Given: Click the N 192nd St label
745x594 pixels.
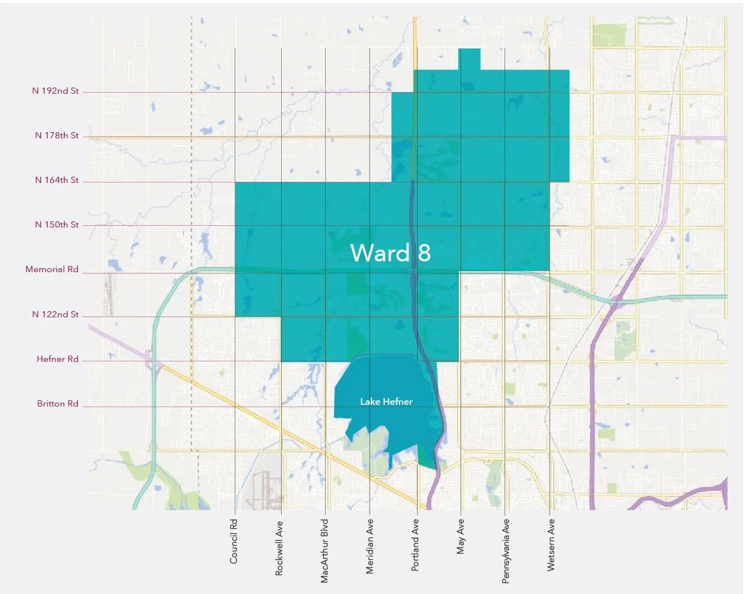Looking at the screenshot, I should tap(55, 91).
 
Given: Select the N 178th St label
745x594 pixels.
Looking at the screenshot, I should tap(56, 136).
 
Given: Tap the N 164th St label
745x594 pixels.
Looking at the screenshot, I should tap(56, 180).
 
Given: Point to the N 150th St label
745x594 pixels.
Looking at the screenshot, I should tap(56, 225).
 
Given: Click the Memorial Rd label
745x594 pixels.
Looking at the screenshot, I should tap(52, 269).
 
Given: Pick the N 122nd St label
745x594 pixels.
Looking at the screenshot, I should tap(55, 315).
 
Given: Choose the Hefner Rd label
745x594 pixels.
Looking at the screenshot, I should tap(58, 359).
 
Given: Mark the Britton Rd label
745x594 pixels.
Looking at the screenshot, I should tap(58, 404).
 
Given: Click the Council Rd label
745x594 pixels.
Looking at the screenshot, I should tap(234, 541).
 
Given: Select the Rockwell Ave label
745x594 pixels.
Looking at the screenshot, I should tap(279, 548).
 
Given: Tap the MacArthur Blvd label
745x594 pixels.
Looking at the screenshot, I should tap(325, 551).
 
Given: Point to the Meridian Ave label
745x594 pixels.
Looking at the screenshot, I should tap(370, 547).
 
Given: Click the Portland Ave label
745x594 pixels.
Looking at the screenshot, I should tap(415, 545).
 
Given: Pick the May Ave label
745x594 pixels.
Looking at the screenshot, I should tap(461, 536).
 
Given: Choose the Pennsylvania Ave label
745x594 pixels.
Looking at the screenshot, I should tap(506, 551).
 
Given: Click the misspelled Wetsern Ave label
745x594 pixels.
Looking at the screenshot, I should tap(551, 545).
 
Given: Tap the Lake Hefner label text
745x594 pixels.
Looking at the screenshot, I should tap(386, 401).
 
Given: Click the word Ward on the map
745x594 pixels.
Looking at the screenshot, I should tap(380, 252).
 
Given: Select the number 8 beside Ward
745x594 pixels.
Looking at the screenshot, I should tap(424, 253).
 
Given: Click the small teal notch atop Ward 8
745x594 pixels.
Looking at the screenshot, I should tap(470, 59).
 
